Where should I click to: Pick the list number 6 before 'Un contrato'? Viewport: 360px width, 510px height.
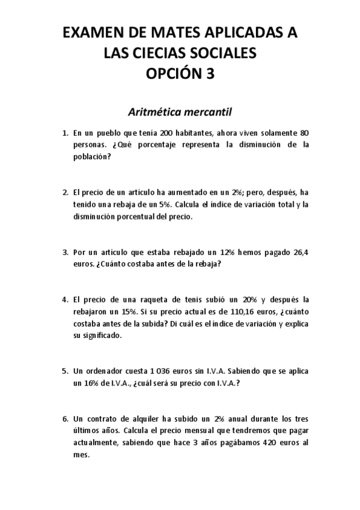click(64, 420)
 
